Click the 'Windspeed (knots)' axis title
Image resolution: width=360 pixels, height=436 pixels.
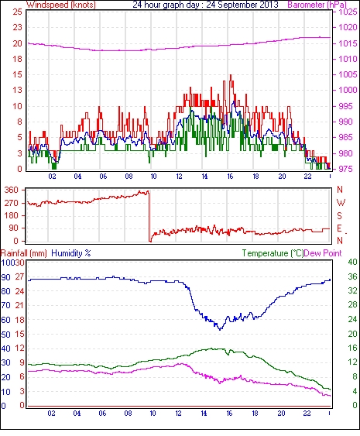(x=60, y=5)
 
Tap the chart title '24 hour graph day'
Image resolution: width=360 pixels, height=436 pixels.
(x=166, y=5)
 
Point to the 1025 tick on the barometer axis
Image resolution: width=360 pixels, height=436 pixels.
(x=348, y=12)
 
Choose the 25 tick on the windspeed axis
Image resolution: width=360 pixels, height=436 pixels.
(x=18, y=12)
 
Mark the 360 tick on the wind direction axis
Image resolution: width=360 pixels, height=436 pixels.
(x=12, y=191)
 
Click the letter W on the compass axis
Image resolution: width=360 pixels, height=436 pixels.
(x=341, y=203)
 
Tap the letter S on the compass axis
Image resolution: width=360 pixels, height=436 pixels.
(x=339, y=215)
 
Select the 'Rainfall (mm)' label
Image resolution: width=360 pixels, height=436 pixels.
(x=24, y=253)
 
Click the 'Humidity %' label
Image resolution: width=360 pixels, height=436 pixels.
(x=71, y=253)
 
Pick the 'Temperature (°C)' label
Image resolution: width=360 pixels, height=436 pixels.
(x=273, y=253)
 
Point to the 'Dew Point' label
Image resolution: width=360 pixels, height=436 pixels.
(x=323, y=253)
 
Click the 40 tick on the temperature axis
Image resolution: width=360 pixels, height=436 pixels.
(x=353, y=262)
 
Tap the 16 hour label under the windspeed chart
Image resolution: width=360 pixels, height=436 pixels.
(x=230, y=177)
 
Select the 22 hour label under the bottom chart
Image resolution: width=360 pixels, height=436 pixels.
(x=307, y=414)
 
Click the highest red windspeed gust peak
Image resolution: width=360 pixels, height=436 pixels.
(x=231, y=75)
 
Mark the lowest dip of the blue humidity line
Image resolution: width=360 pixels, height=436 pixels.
(x=220, y=329)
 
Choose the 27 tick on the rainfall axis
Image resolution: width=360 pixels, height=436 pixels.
(x=20, y=277)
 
